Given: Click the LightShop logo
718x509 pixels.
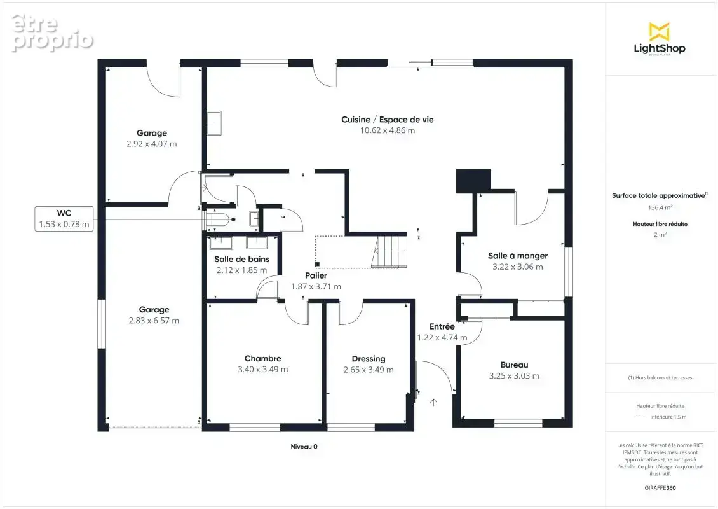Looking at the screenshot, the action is click(660, 39).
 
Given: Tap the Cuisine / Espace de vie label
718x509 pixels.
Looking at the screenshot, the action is click(388, 120).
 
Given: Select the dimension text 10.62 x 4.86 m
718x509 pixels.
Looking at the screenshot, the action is click(388, 130).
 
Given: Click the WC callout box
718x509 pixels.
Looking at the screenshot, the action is click(64, 219).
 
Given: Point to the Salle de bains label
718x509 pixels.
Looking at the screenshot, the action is click(242, 259).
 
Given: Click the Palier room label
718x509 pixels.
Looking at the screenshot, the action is click(316, 275).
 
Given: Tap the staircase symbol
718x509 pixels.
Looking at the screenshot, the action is click(389, 251).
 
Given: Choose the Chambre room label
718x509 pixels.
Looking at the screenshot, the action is click(263, 359).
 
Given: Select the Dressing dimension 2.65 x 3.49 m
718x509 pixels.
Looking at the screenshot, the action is click(369, 370).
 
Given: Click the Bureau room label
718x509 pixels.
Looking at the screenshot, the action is click(514, 365).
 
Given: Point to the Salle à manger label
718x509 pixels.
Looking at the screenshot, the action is click(518, 256).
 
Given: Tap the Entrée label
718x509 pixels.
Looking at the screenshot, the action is click(442, 326).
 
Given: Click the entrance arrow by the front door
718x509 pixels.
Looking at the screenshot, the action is click(433, 402).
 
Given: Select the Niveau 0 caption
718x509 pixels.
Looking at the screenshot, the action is click(304, 447).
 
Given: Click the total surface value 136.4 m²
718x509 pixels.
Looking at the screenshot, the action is click(660, 207).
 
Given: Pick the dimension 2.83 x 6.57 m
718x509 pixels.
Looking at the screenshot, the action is click(154, 321).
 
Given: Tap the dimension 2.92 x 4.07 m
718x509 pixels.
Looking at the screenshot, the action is click(152, 144).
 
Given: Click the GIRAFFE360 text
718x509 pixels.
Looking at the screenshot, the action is click(660, 488).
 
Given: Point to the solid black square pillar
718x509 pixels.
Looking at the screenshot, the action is click(473, 181).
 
